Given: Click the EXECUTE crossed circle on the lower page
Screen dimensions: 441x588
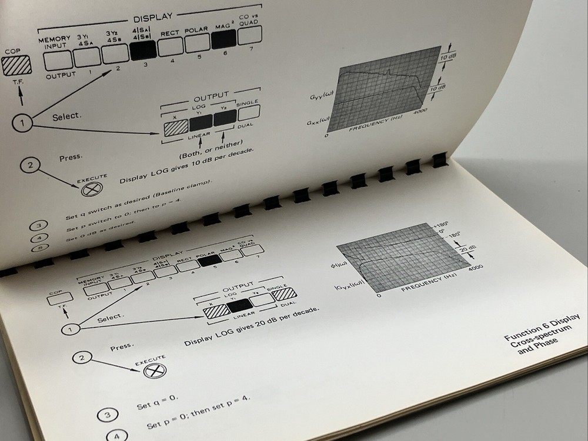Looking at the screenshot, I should pyautogui.click(x=158, y=370).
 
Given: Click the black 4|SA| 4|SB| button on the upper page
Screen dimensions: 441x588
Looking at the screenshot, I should pyautogui.click(x=143, y=52).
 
